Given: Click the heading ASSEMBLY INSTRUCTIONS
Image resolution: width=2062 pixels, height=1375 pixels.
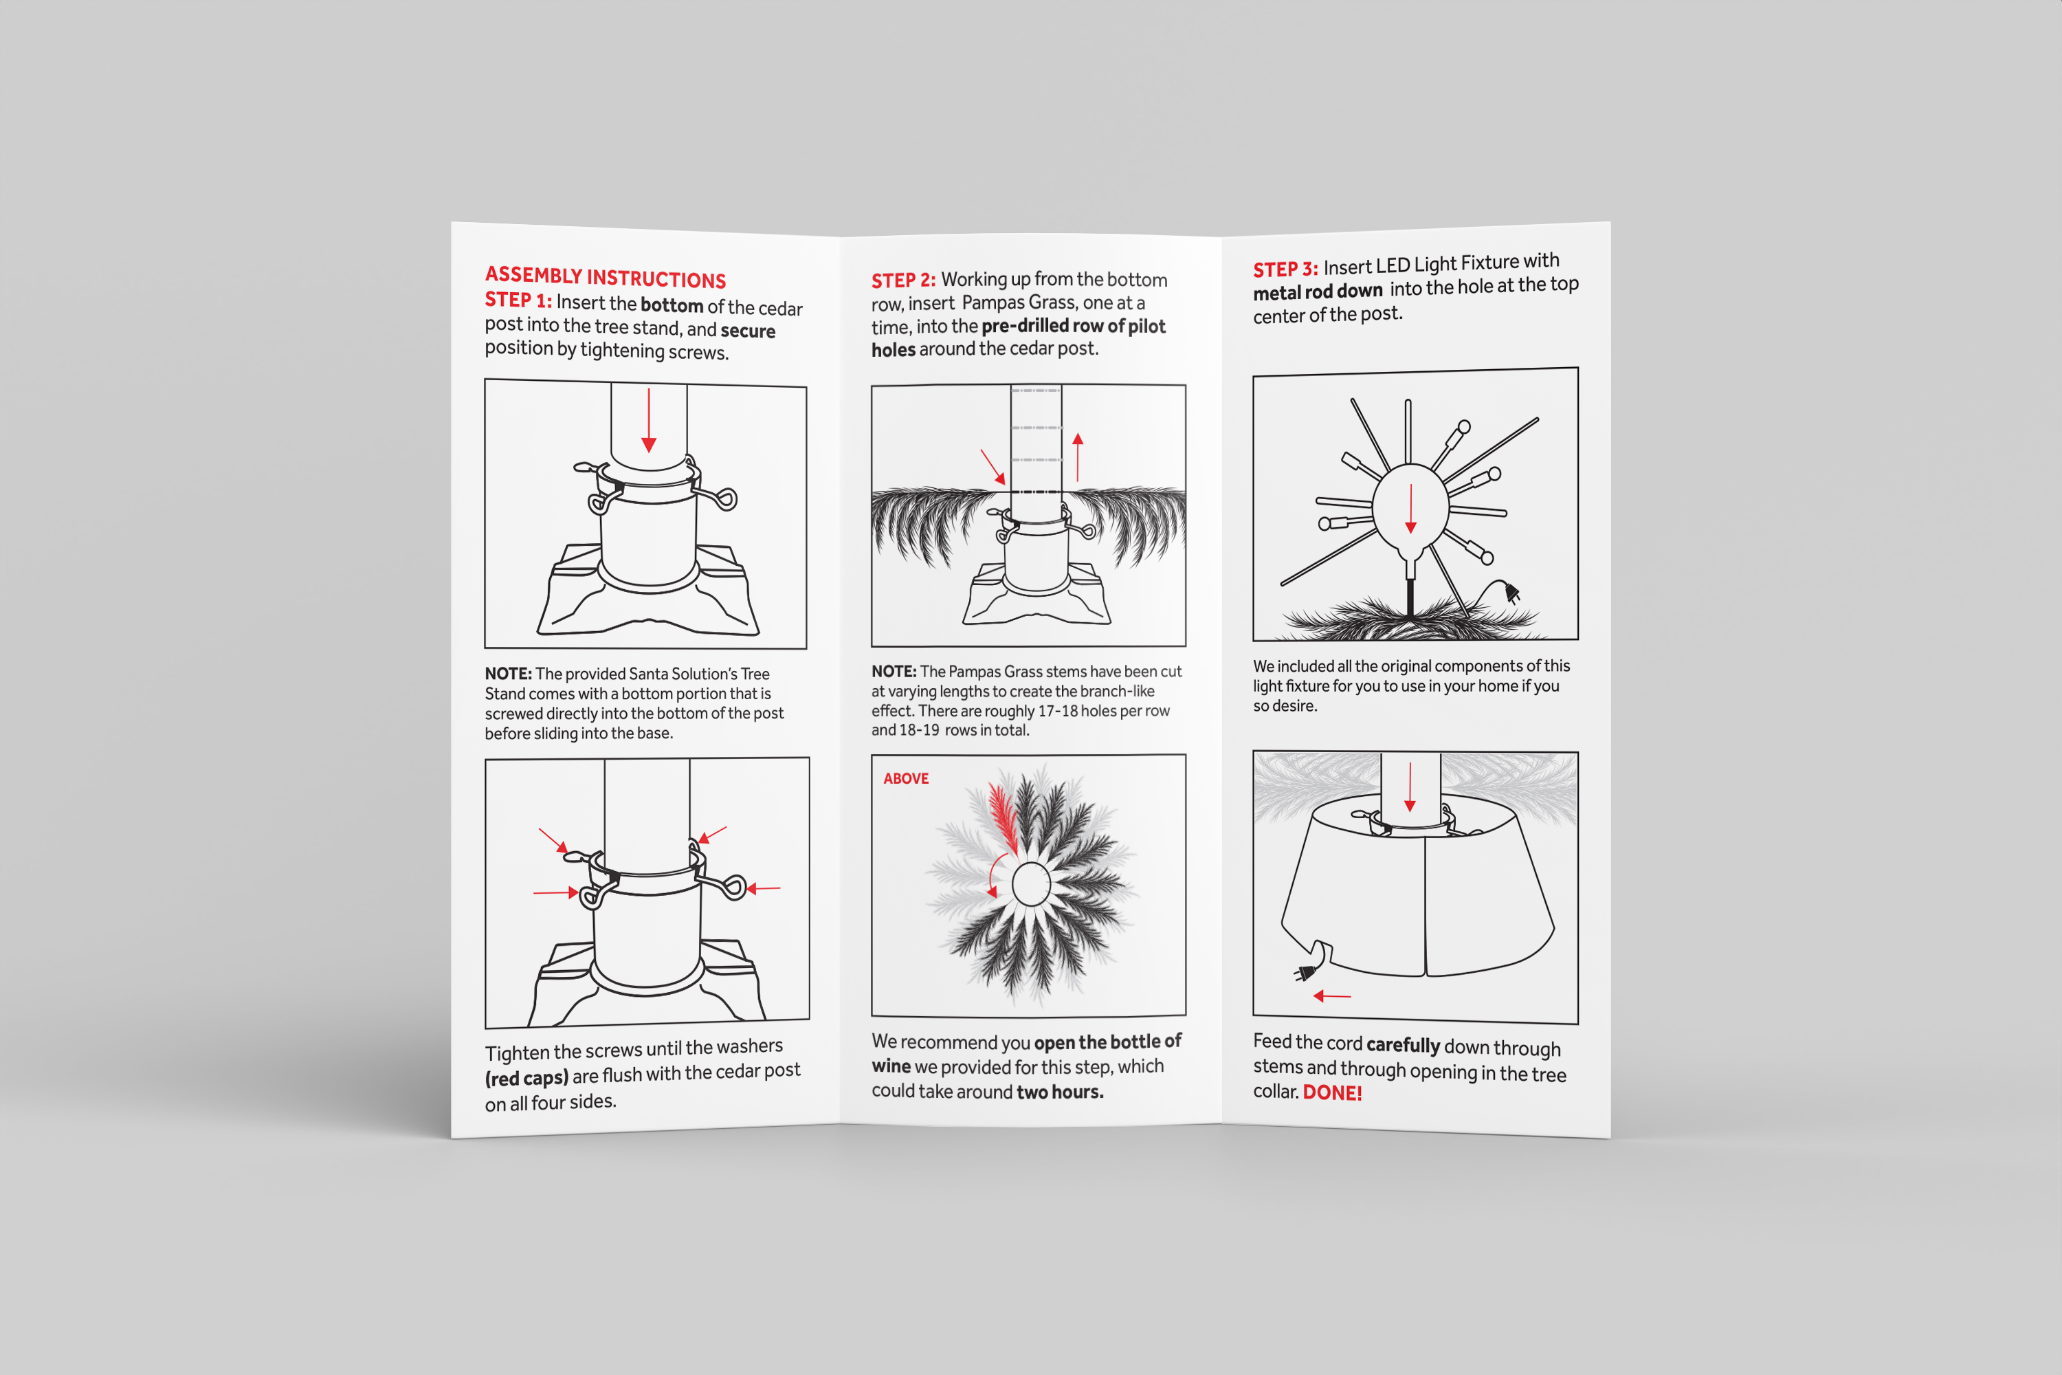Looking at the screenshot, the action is (x=606, y=277).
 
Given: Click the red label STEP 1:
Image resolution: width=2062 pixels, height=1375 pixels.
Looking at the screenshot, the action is (x=518, y=300).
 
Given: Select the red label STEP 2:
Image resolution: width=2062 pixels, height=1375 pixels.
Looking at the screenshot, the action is (x=903, y=280).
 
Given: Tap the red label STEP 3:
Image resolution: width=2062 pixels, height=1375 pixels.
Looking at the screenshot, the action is (x=1285, y=269).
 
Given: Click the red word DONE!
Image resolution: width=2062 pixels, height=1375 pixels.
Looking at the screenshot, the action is (x=1332, y=1092).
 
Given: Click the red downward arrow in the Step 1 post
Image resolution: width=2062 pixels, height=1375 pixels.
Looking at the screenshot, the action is (x=649, y=420).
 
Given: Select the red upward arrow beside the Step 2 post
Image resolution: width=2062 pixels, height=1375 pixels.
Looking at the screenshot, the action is (x=1078, y=457).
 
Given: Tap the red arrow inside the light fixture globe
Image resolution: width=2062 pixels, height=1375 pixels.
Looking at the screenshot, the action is (x=1410, y=509).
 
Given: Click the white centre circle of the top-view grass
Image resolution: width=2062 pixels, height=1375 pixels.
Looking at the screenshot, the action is (x=1031, y=884).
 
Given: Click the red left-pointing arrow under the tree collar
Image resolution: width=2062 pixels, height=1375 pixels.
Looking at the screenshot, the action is (x=1332, y=996).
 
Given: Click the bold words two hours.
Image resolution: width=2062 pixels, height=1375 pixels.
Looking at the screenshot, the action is (x=1060, y=1092).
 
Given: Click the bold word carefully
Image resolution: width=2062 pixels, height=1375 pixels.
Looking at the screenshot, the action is (x=1403, y=1045).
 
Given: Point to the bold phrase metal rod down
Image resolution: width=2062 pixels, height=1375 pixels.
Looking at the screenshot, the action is (x=1318, y=291).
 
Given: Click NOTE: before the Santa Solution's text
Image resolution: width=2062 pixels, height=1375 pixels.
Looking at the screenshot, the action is (x=509, y=674).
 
